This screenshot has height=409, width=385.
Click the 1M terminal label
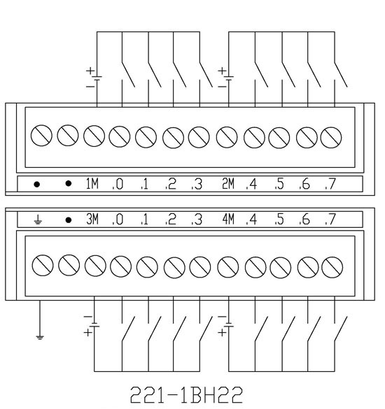[92, 183]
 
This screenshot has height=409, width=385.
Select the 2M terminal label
[228, 183]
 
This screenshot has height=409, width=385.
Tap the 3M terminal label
[92, 219]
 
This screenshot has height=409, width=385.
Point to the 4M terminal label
[228, 219]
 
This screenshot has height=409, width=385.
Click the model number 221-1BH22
[186, 395]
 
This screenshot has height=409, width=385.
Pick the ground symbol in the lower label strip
[38, 220]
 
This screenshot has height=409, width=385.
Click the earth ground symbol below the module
[40, 338]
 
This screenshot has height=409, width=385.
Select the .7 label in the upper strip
[330, 184]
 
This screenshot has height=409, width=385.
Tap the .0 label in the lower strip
[118, 220]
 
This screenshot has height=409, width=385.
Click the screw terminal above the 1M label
[94, 136]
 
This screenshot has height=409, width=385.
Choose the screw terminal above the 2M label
[227, 137]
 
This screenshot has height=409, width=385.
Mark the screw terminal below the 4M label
[227, 267]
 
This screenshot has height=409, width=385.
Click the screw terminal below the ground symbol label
[43, 265]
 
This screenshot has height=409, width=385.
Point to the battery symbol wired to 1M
[94, 78]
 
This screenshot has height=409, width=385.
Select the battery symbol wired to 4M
[227, 324]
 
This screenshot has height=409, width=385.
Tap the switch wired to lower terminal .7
[341, 329]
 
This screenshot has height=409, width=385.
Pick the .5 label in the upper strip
[279, 184]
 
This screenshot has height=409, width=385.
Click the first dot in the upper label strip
[37, 185]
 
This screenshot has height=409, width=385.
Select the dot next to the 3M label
[68, 220]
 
